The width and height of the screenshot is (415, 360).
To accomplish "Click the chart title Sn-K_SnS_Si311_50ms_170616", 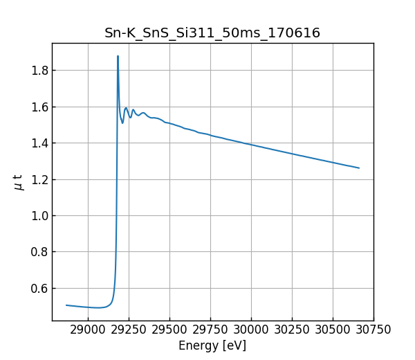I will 212,33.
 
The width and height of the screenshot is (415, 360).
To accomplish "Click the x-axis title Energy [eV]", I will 212,345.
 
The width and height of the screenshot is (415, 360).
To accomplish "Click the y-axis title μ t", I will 19,182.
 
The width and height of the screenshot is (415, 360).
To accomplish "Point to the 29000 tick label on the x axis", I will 88,330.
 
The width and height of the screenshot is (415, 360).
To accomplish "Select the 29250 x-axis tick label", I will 129,330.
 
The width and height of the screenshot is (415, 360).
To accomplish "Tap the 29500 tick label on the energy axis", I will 169,330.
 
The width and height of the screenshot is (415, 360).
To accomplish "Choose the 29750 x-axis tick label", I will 210,330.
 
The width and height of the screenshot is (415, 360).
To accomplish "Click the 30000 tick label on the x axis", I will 251,330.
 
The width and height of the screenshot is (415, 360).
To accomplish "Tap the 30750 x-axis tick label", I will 373,330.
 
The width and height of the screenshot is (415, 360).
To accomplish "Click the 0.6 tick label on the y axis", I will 38,289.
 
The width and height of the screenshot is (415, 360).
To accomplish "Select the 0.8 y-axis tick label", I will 38,252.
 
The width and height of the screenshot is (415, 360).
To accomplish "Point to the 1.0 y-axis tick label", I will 38,216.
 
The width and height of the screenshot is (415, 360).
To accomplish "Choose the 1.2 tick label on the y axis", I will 38,179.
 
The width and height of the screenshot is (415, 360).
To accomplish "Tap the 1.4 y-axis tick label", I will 38,143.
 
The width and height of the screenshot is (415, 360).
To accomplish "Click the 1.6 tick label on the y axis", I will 38,107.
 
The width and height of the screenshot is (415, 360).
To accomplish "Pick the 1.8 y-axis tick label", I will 38,71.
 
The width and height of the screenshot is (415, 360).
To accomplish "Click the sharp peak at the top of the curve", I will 118,56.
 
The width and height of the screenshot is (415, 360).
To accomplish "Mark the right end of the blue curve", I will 359,168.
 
